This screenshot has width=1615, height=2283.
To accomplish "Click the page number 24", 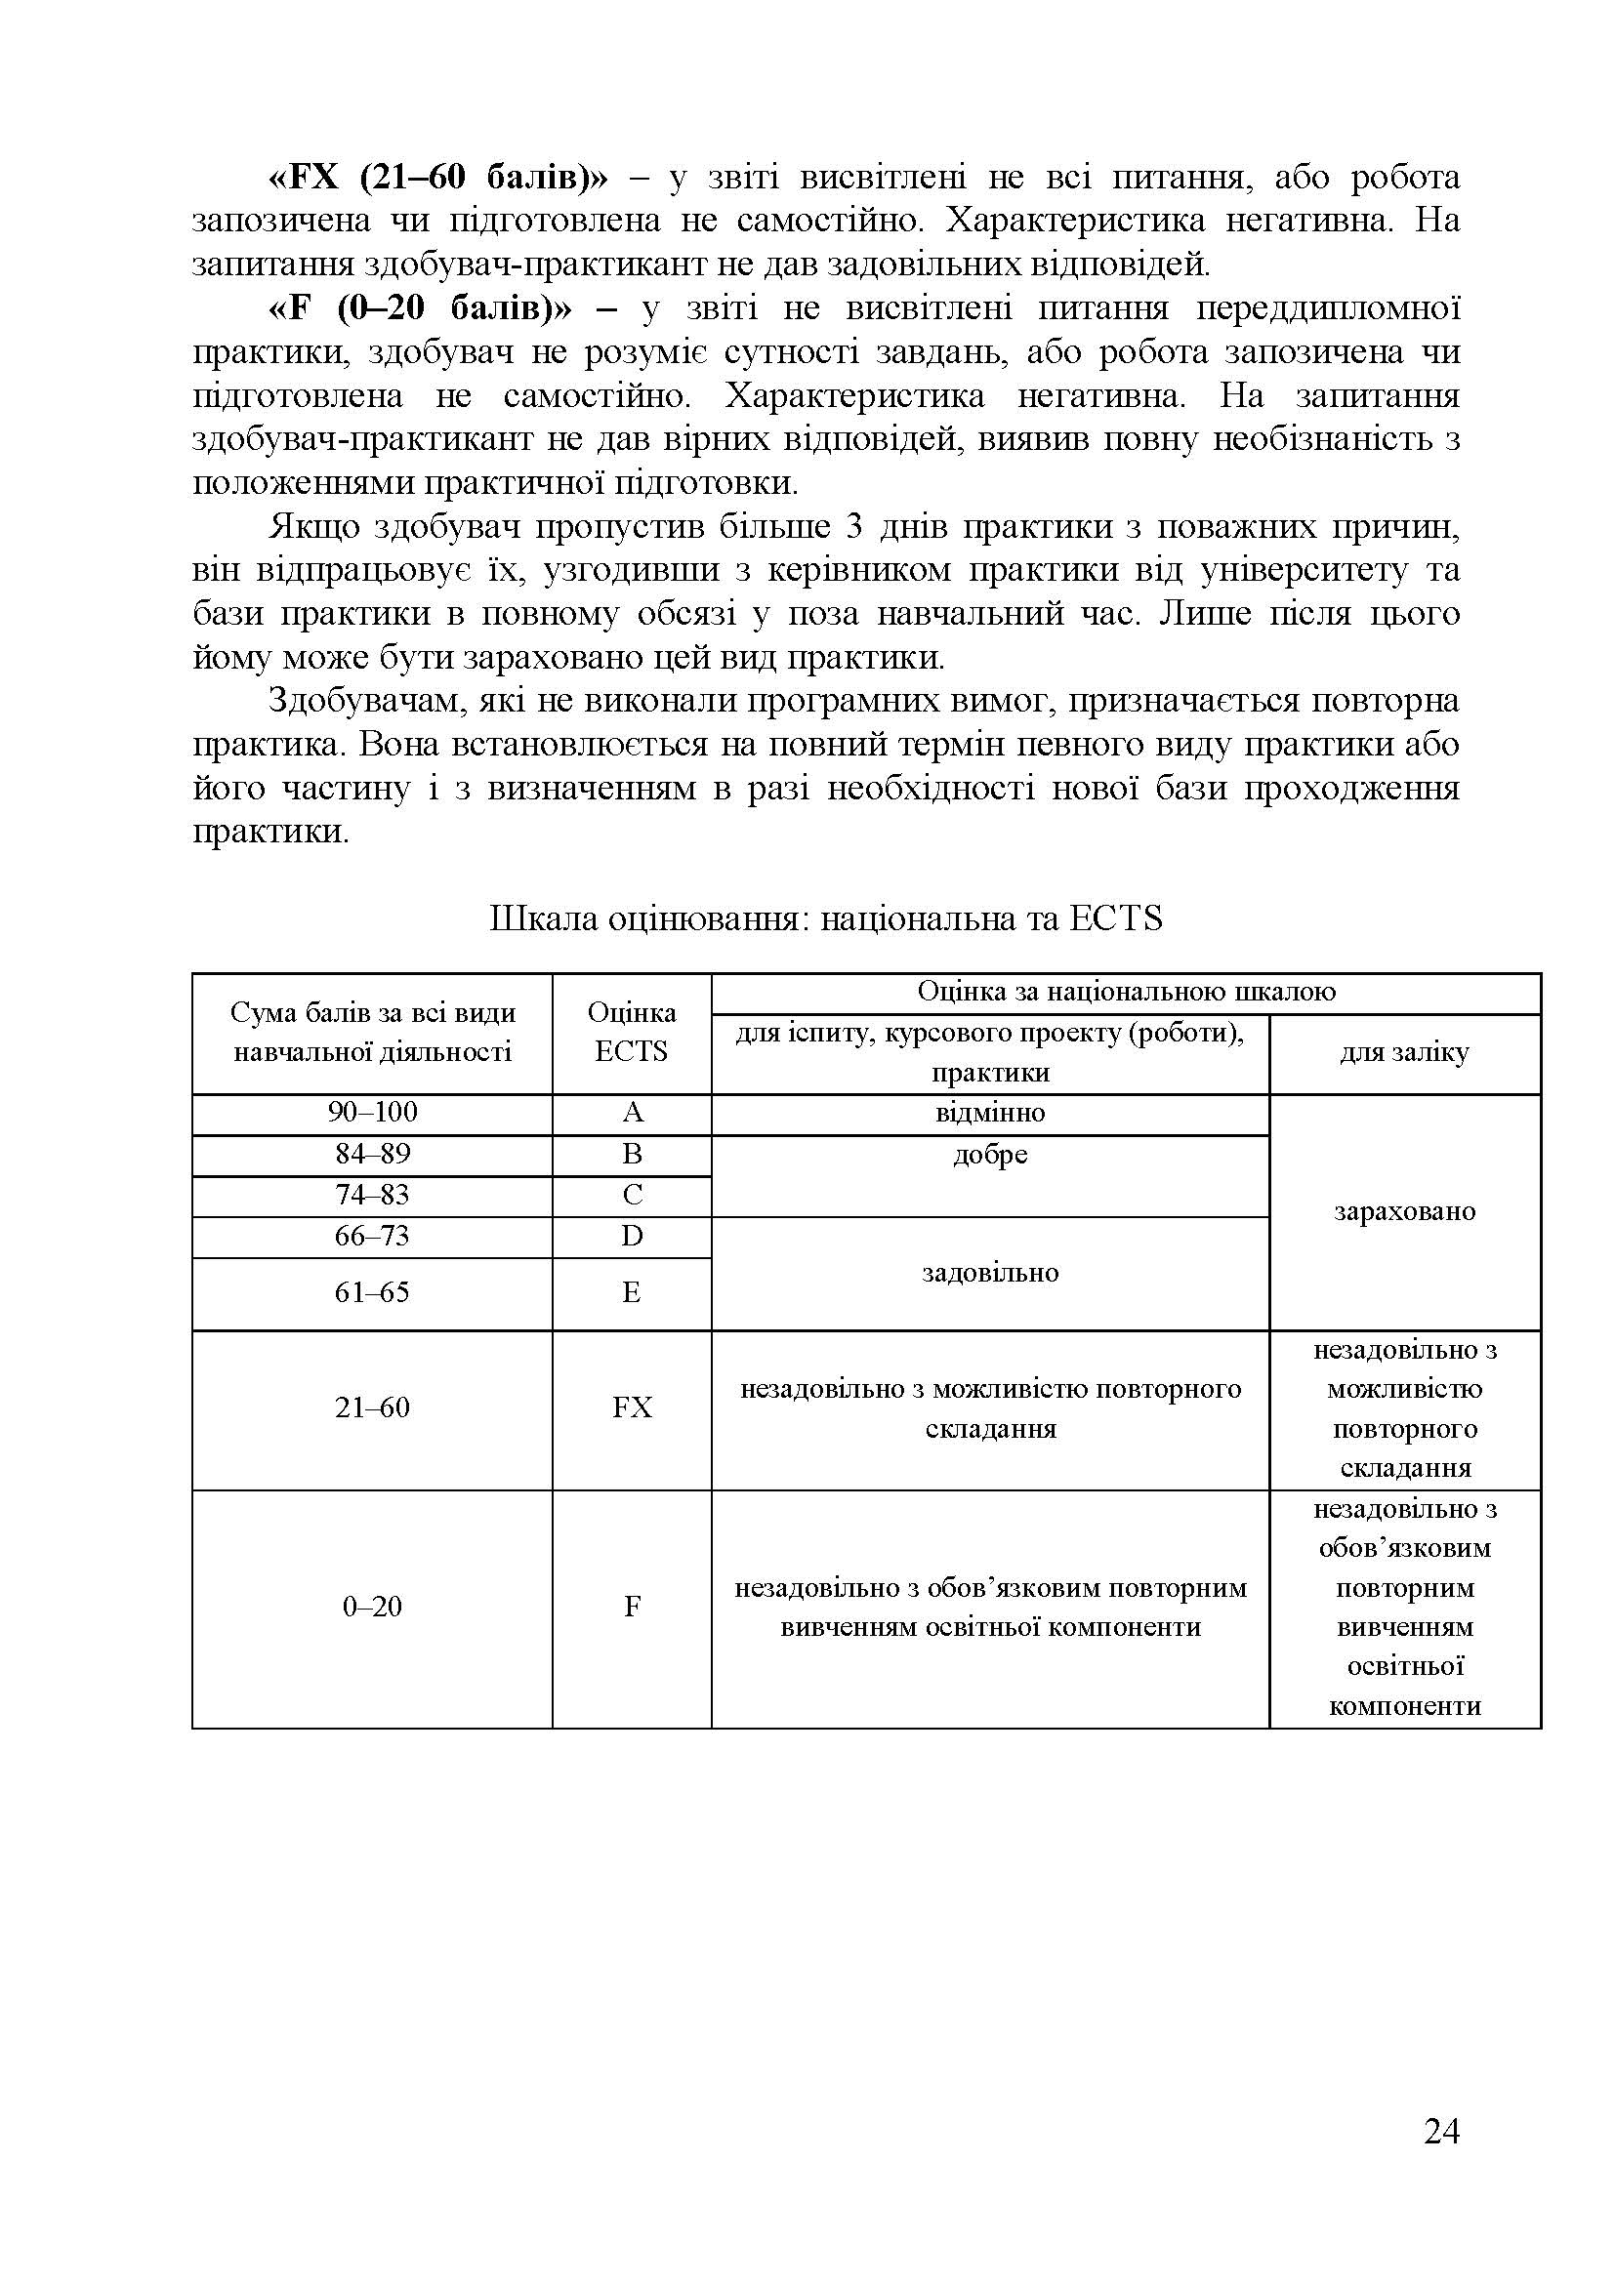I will pos(1441,2133).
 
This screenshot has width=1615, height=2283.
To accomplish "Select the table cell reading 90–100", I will pos(372,1113).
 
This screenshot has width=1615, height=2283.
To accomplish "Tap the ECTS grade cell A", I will pos(632,1113).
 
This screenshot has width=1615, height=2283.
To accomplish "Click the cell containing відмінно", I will pos(989,1113).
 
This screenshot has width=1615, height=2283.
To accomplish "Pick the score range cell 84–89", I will pos(372,1154).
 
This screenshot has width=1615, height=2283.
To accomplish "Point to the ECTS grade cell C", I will pos(632,1196).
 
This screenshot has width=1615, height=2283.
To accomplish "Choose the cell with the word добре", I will pos(989,1156).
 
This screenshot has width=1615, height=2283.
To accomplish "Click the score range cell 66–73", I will pos(372,1236).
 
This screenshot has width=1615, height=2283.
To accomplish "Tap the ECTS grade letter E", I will pos(632,1292).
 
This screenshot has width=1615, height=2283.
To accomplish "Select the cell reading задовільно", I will pos(989,1273).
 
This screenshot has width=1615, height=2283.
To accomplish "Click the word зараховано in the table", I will pos(1404,1211).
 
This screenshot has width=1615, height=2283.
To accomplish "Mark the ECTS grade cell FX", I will pos(632,1408).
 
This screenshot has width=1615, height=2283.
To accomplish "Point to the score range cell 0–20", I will pos(372,1607).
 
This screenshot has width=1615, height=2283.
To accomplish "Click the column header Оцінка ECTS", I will pos(632,1032).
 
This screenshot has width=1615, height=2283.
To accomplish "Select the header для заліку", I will pos(1404,1053).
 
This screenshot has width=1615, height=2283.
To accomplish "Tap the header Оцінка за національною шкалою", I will pos(1126,992).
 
